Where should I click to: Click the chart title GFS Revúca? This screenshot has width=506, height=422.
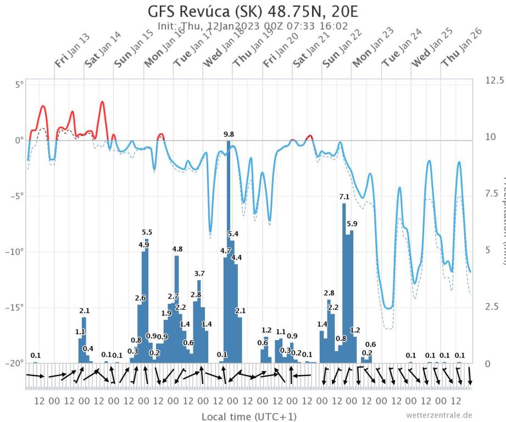click(253, 12)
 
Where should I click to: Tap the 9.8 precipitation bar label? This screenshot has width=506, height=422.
click(229, 134)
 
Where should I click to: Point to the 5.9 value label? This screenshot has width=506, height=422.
click(352, 224)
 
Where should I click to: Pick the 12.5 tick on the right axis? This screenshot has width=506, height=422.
click(494, 80)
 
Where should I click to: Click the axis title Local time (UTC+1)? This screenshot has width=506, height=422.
click(249, 416)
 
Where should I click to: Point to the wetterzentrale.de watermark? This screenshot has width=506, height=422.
click(439, 415)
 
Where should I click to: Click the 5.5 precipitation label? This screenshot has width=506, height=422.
click(147, 232)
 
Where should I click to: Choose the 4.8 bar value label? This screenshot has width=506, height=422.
click(177, 249)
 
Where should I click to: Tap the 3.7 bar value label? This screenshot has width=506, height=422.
click(199, 274)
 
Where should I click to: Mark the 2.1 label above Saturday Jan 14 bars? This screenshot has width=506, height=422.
click(84, 311)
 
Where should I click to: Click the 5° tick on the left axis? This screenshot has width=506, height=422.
click(19, 85)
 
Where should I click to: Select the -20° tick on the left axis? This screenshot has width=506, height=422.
click(15, 363)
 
